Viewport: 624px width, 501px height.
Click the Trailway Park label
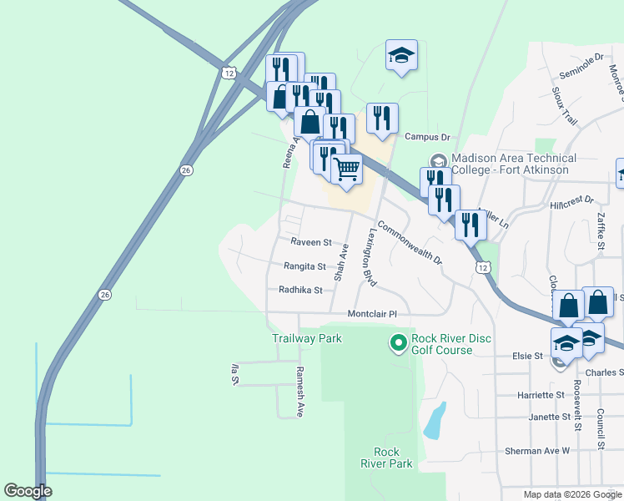[x=307, y=339]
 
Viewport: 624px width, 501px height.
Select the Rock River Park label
[x=386, y=457]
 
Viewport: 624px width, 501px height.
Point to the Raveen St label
[x=311, y=242]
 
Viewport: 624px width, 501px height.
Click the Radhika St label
[x=300, y=290]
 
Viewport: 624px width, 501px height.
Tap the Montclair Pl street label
[x=369, y=314]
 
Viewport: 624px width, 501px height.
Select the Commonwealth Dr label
[x=409, y=241]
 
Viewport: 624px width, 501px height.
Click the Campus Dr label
[x=427, y=137]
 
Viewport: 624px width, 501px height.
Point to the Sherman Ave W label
[x=536, y=451]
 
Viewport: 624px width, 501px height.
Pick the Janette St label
[x=548, y=417]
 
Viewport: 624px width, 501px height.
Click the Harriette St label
[x=541, y=395]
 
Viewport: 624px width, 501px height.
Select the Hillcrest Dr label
[x=571, y=201]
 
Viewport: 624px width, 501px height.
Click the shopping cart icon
[x=346, y=169]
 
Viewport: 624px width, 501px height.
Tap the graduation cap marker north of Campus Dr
[x=401, y=55]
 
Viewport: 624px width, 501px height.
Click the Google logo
[x=28, y=491]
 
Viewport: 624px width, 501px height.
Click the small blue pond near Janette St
[x=433, y=421]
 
